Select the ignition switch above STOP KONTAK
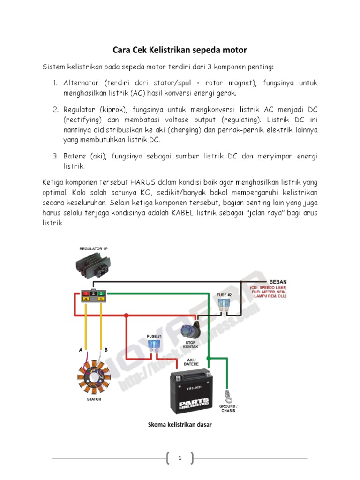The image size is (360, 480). click(x=191, y=331)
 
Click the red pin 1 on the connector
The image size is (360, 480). click(x=86, y=293)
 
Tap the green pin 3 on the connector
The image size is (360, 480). click(x=101, y=293)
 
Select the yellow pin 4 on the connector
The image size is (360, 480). click(x=86, y=299)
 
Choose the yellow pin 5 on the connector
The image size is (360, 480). click(x=101, y=299)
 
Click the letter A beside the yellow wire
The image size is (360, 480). click(x=80, y=350)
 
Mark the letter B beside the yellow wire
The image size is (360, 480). click(x=106, y=350)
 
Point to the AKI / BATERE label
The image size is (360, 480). click(x=191, y=361)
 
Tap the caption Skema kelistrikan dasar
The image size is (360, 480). click(x=180, y=425)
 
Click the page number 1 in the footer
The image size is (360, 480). click(x=180, y=458)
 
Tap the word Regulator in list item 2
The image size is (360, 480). click(x=80, y=109)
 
